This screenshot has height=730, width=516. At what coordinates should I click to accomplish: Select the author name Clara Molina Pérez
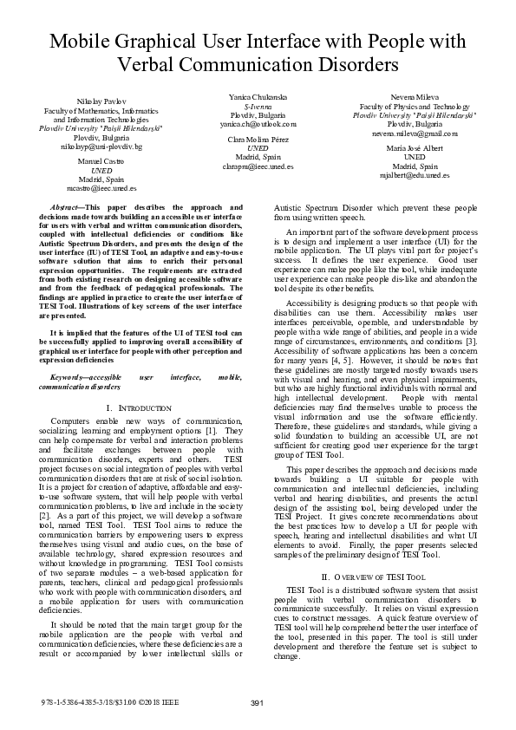258,140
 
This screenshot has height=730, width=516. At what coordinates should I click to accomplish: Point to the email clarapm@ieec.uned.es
258,165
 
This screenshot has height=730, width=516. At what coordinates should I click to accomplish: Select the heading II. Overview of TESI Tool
374,577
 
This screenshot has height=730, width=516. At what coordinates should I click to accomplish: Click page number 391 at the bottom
257,702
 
